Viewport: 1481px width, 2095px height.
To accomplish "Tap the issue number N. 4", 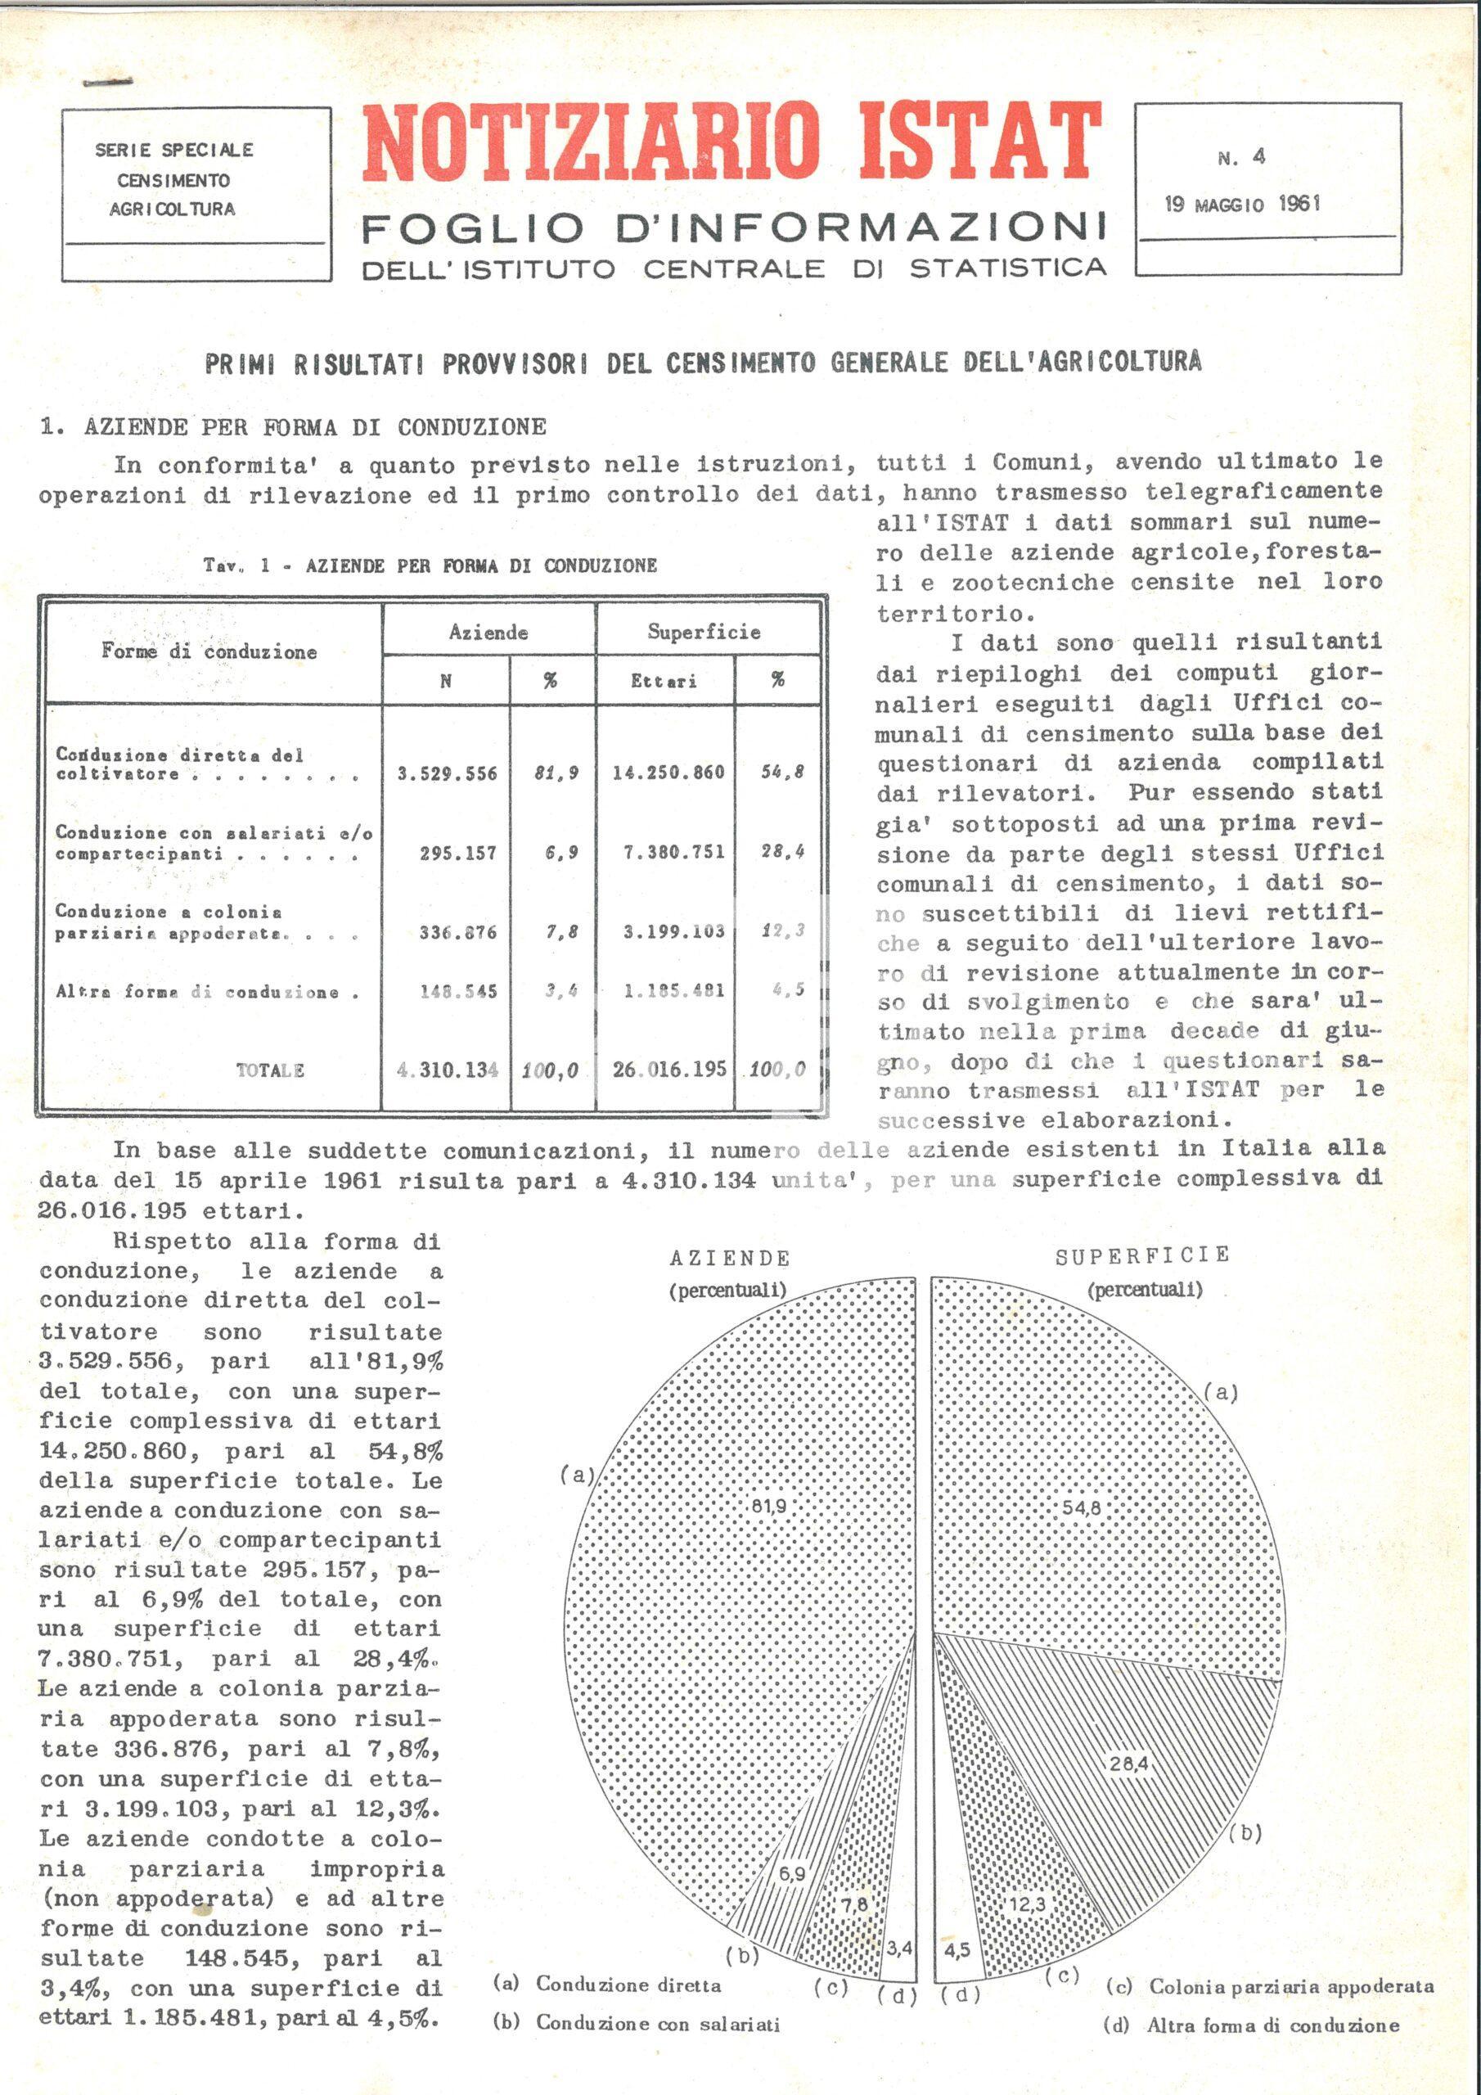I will pyautogui.click(x=1241, y=157).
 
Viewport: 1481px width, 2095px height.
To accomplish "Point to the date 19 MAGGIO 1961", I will pyautogui.click(x=1242, y=204).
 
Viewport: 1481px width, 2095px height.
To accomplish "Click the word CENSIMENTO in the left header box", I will pyautogui.click(x=173, y=180).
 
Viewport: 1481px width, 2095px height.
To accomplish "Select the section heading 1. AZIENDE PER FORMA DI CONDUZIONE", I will pyautogui.click(x=293, y=427).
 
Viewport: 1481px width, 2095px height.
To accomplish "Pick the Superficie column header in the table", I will pyautogui.click(x=704, y=633).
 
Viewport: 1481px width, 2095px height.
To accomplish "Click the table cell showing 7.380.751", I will pyautogui.click(x=668, y=852).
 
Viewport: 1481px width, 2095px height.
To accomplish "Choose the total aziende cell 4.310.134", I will pyautogui.click(x=447, y=1070).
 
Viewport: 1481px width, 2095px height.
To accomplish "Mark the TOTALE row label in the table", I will pyautogui.click(x=270, y=1070).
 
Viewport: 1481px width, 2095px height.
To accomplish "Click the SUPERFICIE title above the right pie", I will pyautogui.click(x=1142, y=1256).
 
